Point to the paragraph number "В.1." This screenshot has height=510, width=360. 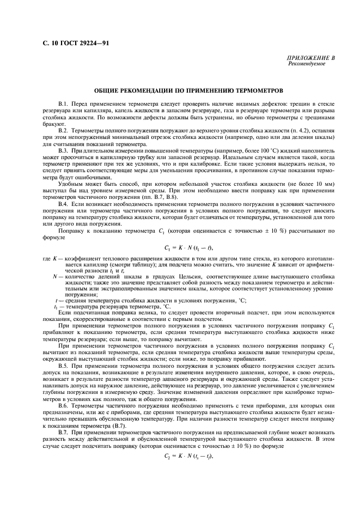pos(64,104)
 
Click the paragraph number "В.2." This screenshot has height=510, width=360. pos(64,131)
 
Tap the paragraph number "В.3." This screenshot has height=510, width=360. pos(64,150)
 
